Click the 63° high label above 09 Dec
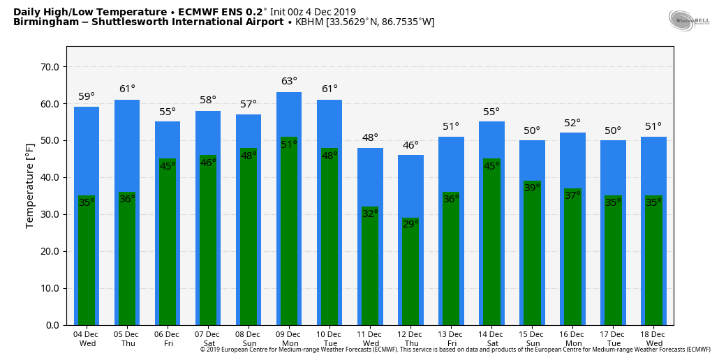click(x=289, y=82)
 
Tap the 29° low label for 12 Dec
click(x=410, y=224)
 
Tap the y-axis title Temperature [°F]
click(x=30, y=186)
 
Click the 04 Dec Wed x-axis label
click(x=87, y=338)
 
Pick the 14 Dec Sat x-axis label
click(x=491, y=338)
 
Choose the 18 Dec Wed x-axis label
click(x=653, y=338)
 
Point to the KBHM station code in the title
click(x=309, y=22)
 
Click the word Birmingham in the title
click(x=43, y=22)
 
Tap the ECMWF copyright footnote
click(x=454, y=350)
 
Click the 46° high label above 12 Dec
click(x=410, y=145)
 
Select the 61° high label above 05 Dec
click(x=127, y=89)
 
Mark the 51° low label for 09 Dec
click(x=289, y=144)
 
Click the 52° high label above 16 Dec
click(x=572, y=123)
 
